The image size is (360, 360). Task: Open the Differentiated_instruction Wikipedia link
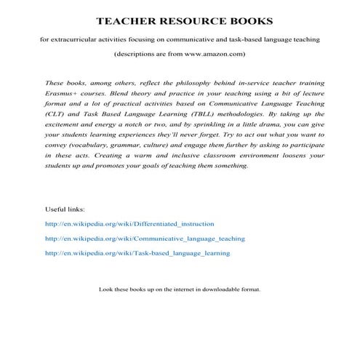click(x=129, y=224)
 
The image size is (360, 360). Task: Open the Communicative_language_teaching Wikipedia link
click(x=145, y=239)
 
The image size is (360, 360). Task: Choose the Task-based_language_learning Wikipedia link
click(x=137, y=253)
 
